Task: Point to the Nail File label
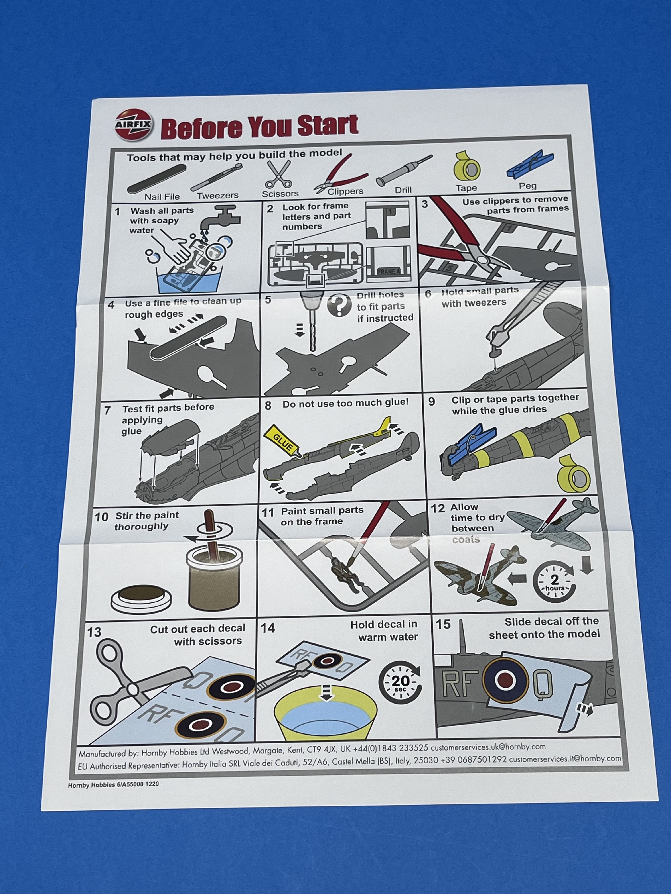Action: (x=162, y=197)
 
